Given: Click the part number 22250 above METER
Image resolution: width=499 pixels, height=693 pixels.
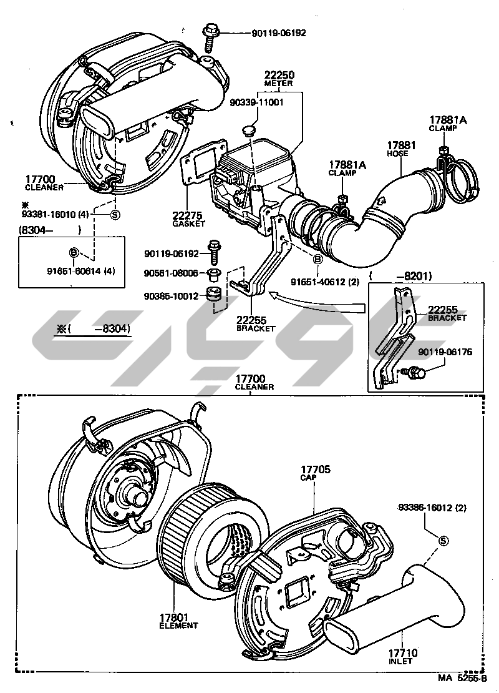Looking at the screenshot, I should pyautogui.click(x=279, y=75).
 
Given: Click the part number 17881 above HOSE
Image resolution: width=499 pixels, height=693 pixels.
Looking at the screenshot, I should pyautogui.click(x=398, y=145).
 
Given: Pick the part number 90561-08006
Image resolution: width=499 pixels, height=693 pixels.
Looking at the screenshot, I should pyautogui.click(x=171, y=273).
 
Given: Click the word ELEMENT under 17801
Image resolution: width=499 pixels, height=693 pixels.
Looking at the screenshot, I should pyautogui.click(x=178, y=626).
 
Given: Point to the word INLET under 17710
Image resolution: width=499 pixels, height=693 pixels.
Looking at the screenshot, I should pyautogui.click(x=401, y=662).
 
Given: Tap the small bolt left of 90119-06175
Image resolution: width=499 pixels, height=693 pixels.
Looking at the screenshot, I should pyautogui.click(x=414, y=373).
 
